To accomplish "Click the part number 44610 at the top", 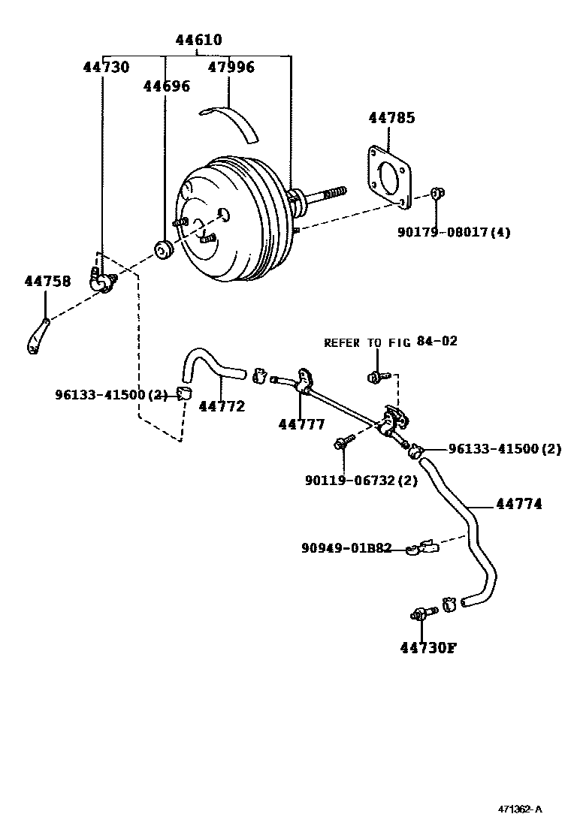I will [x=198, y=40].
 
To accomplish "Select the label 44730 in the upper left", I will [x=106, y=67].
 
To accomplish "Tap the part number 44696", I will [x=166, y=86].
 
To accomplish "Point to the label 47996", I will [x=231, y=67].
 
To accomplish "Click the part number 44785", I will [x=391, y=118].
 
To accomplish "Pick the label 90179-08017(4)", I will [x=454, y=232].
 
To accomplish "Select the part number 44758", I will [x=47, y=281].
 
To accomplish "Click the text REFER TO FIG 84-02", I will [x=390, y=342].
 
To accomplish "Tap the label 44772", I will [x=222, y=406].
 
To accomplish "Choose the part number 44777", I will [x=301, y=424].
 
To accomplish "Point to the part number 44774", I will [x=518, y=504].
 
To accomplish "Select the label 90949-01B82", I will [x=346, y=548].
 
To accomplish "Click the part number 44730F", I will [x=427, y=648].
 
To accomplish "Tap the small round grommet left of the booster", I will [x=163, y=249].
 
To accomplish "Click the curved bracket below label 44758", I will [x=38, y=336].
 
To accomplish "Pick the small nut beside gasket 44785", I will [x=438, y=194].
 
